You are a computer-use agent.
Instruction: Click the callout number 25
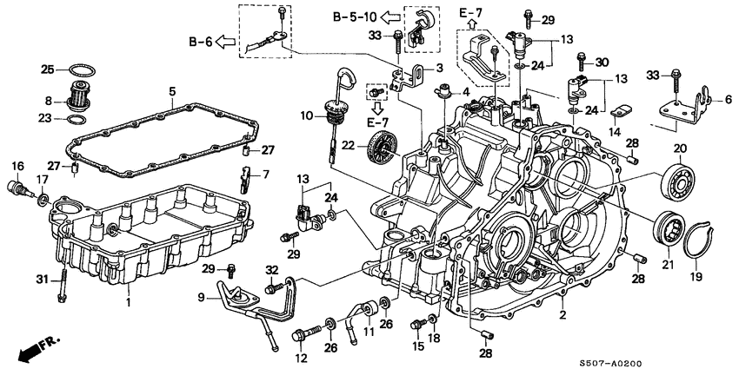(48, 69)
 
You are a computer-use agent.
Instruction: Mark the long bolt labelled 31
(63, 283)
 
